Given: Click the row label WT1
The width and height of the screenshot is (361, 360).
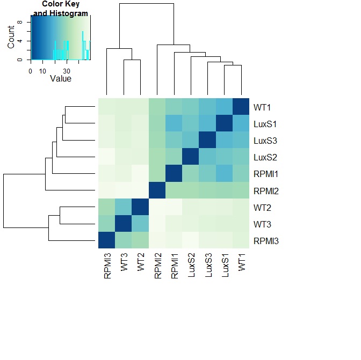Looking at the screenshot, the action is click(262, 107).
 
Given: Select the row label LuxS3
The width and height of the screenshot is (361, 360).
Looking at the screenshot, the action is click(265, 141).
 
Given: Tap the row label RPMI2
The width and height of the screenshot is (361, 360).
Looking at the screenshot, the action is click(266, 191).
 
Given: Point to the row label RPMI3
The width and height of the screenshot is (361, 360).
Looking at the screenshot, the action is click(266, 241).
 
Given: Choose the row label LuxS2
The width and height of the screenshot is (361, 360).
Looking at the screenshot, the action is click(265, 158).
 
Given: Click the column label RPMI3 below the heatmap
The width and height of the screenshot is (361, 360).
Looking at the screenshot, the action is click(107, 266).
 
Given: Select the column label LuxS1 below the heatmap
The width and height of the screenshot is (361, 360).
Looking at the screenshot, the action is click(225, 265).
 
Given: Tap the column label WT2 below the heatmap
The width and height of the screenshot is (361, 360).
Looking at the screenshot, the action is click(141, 262).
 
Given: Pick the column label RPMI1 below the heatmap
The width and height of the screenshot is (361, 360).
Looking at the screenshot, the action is click(175, 266).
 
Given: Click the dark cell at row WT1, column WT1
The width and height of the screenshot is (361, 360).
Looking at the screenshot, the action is click(241, 106).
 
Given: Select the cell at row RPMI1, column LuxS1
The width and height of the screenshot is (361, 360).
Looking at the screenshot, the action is click(224, 173).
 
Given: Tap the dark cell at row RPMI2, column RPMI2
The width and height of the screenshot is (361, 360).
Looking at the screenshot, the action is click(157, 190).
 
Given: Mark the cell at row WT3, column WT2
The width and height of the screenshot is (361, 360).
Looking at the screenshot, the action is click(140, 223).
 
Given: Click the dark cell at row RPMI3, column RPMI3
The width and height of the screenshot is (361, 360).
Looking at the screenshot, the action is click(106, 240).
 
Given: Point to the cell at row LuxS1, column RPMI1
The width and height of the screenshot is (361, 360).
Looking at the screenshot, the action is click(174, 123).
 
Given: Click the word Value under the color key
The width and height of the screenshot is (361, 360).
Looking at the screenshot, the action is click(61, 79).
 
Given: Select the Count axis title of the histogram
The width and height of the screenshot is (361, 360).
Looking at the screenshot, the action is click(11, 37).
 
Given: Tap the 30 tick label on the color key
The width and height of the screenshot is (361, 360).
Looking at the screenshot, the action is click(67, 71).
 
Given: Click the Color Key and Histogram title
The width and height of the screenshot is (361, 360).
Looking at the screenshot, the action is click(61, 9).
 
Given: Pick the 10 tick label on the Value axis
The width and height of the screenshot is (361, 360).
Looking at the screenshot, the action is click(42, 71).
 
